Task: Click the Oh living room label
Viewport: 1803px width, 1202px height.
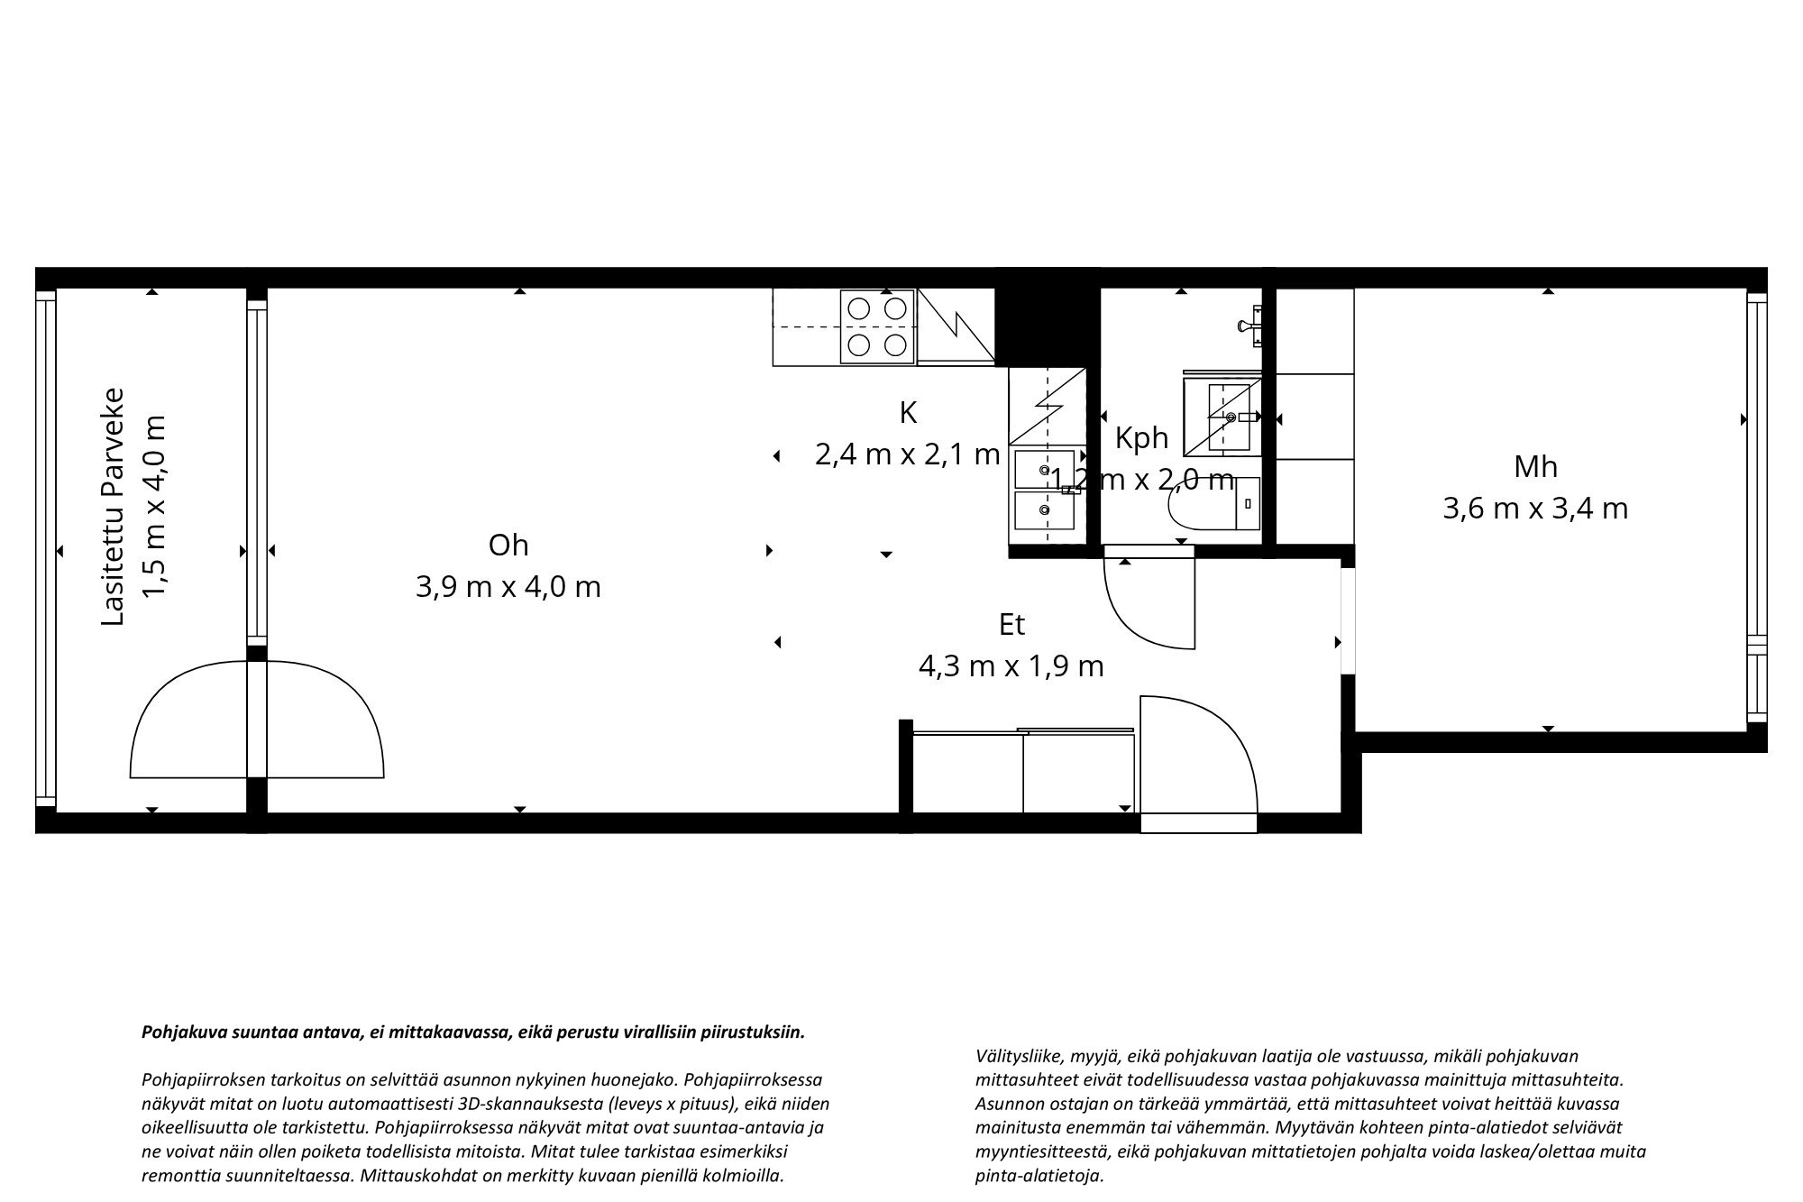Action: pyautogui.click(x=508, y=546)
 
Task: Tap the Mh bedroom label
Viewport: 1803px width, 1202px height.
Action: pyautogui.click(x=1535, y=467)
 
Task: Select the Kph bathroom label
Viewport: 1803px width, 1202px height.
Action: pyautogui.click(x=1141, y=438)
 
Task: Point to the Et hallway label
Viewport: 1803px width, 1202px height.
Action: pyautogui.click(x=1011, y=625)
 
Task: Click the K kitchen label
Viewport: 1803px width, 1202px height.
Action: pyautogui.click(x=908, y=413)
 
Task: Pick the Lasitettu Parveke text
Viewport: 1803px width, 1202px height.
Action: pyautogui.click(x=113, y=507)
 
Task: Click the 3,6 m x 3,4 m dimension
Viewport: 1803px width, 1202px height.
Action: pyautogui.click(x=1535, y=509)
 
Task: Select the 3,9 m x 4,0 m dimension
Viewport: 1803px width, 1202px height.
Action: pyautogui.click(x=508, y=588)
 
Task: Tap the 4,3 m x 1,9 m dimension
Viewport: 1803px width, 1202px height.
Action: pyautogui.click(x=1011, y=667)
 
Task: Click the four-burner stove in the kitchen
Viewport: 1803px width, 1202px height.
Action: pyautogui.click(x=877, y=326)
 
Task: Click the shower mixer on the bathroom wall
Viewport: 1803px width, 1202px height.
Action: pyautogui.click(x=1252, y=325)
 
